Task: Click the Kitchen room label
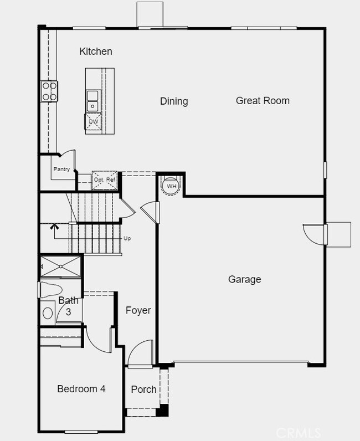[x=96, y=52]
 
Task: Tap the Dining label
[x=174, y=101]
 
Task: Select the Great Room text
[x=263, y=101]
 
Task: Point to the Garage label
[x=244, y=280]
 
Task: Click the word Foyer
[x=138, y=310]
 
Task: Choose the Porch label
[x=143, y=389]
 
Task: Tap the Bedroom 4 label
[x=81, y=389]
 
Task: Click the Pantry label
[x=61, y=170]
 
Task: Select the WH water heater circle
[x=172, y=186]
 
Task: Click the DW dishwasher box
[x=93, y=121]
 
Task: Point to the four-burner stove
[x=49, y=91]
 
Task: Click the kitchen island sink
[x=92, y=105]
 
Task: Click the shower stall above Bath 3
[x=60, y=266]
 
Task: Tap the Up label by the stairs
[x=127, y=239]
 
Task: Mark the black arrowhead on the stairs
[x=54, y=226]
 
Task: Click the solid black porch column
[x=162, y=411]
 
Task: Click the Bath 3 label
[x=68, y=306]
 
